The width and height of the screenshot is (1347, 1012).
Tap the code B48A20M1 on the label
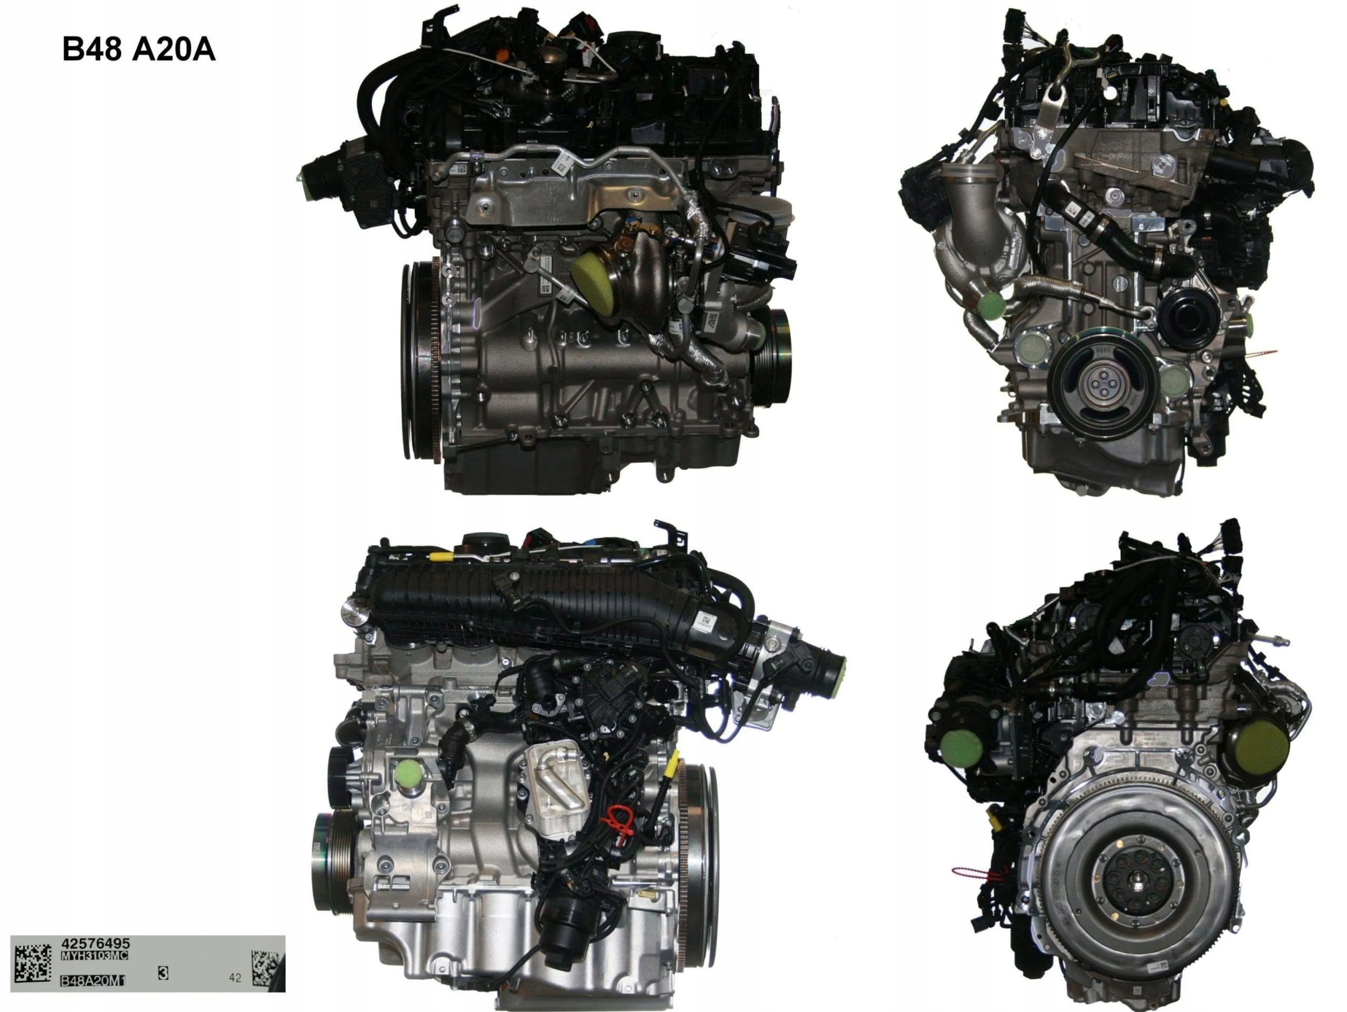92,981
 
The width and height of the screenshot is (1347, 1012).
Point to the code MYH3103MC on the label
94,956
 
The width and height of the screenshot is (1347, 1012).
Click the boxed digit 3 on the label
163,973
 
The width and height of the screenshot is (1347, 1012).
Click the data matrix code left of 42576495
32,964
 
